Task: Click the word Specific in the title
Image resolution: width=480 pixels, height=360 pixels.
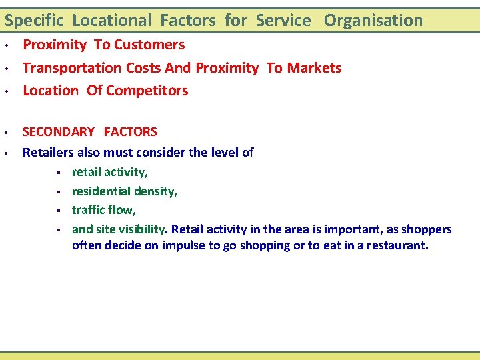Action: [34, 21]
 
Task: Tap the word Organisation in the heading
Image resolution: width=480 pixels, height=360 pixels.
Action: [373, 21]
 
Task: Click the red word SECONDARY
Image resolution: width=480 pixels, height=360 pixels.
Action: [59, 132]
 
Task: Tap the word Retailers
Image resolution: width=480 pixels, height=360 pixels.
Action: [49, 152]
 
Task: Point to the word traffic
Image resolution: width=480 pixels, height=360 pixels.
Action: [89, 210]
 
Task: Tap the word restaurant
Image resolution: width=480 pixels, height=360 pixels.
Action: [394, 245]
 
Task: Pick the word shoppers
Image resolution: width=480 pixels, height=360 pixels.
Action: [425, 229]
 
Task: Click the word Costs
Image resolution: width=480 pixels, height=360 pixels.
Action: [157, 68]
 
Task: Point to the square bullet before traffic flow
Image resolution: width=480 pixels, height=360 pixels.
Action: [59, 211]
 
